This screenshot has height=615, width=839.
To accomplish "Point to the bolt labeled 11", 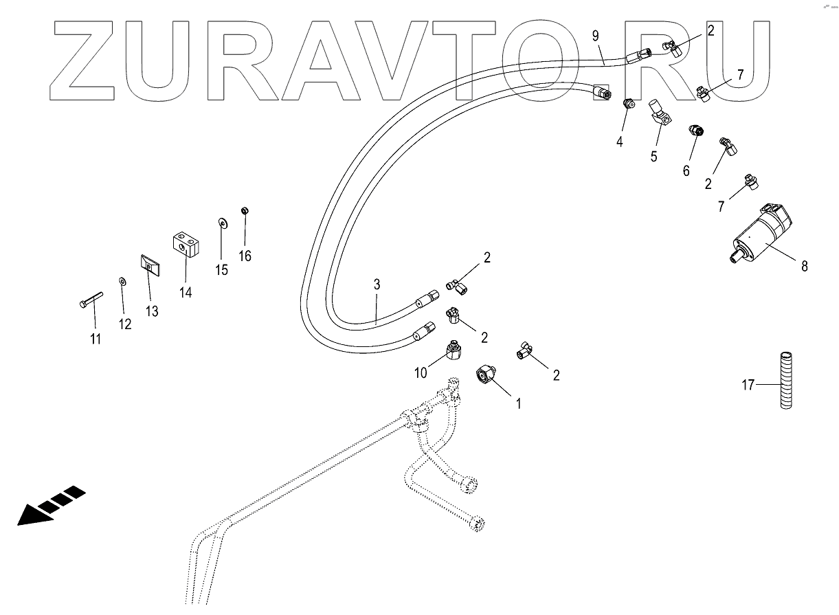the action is point(89,301).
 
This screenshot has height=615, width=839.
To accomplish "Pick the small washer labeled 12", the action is point(122,281).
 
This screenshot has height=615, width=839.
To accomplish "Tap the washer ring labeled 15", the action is point(222,223).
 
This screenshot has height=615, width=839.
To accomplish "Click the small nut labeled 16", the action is point(244,210).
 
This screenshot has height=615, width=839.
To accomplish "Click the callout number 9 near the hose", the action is point(596,34).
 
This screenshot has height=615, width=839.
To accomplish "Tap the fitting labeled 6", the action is point(695,131).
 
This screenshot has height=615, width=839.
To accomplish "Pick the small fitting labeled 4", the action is point(627,104).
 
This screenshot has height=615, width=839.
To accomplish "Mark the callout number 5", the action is point(653,157).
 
